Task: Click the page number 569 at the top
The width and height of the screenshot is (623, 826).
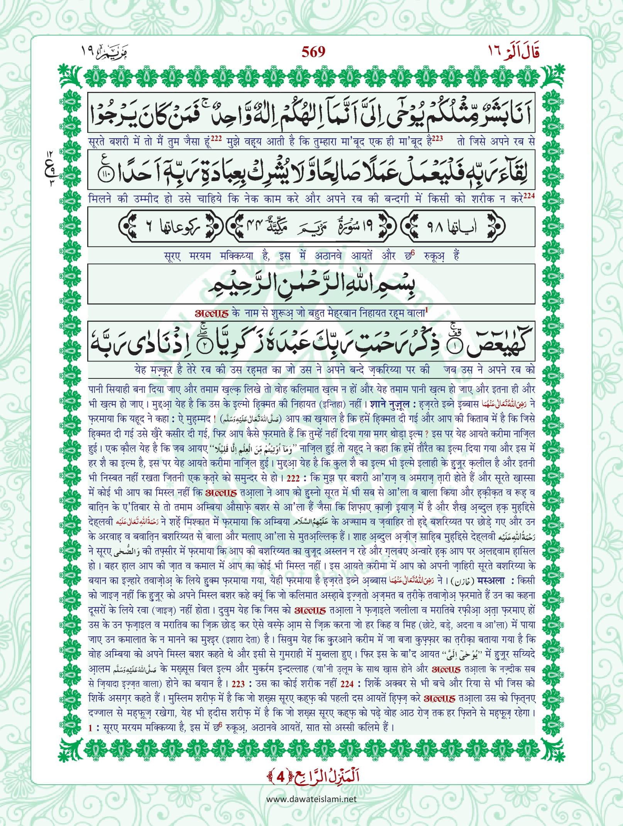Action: [x=313, y=51]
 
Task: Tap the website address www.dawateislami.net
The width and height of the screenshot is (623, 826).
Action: [x=311, y=799]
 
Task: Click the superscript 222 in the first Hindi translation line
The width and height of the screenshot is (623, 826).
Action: [x=216, y=139]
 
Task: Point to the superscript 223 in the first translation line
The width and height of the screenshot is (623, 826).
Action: [x=437, y=139]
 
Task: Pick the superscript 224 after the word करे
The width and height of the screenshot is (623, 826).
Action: [x=529, y=196]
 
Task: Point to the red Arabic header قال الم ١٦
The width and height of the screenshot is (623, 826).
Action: [x=513, y=51]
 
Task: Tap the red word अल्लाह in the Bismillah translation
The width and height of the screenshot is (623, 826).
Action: [x=212, y=313]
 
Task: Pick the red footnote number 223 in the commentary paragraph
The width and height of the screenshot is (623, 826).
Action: [x=238, y=684]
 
